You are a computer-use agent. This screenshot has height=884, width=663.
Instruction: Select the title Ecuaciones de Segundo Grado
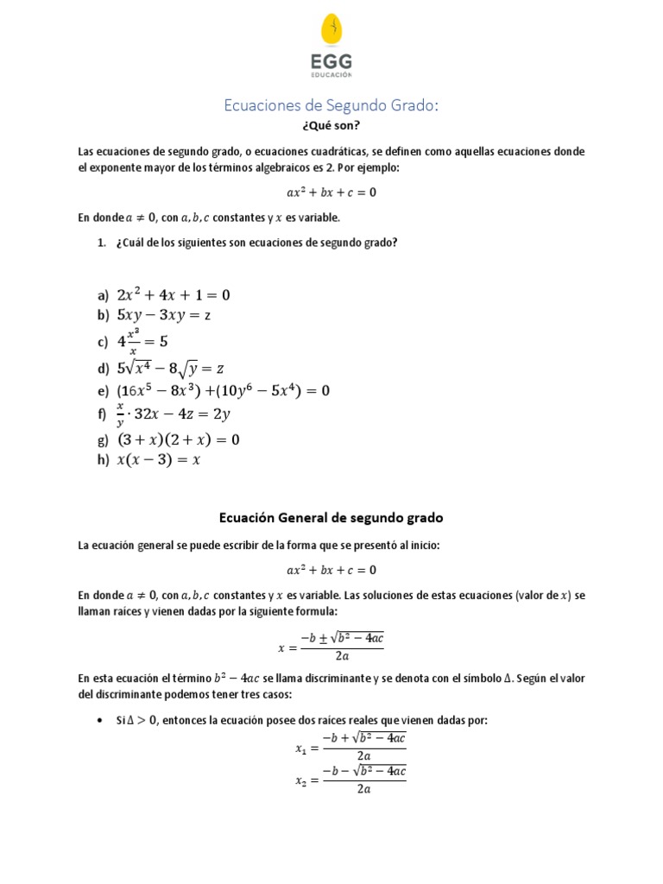pos(331,105)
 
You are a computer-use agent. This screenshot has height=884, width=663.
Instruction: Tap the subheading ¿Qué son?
pos(331,125)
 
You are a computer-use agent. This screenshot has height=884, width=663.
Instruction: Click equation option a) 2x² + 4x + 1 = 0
pos(174,295)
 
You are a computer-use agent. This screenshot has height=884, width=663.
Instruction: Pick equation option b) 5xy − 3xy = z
pos(164,315)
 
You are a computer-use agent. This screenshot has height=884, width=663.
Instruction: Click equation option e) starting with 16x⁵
pos(224,391)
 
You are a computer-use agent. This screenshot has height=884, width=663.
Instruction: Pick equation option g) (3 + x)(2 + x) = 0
pos(178,440)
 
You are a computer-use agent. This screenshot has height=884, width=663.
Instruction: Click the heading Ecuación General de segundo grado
pos(331,518)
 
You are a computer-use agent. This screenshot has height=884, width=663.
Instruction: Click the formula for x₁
pos(350,747)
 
